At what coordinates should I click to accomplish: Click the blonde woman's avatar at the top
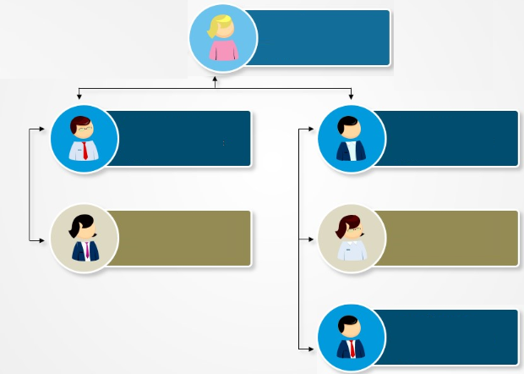pos(222,38)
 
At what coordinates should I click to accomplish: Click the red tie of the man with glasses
pos(85,151)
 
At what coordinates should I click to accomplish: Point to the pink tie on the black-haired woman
pos(85,250)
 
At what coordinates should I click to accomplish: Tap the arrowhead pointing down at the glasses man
pos(79,96)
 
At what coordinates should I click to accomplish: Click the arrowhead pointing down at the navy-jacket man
pos(351,96)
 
